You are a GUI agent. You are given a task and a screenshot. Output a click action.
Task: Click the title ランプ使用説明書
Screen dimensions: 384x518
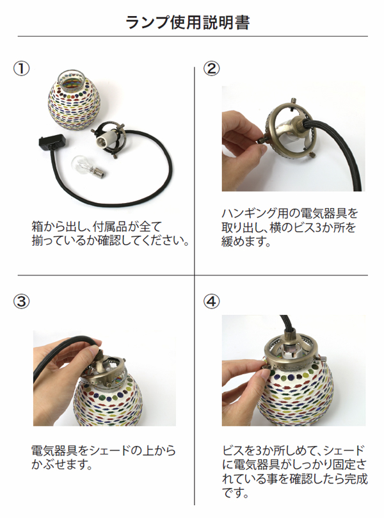tap(188, 22)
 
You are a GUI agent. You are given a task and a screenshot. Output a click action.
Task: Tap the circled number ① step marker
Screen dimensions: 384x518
tap(21, 69)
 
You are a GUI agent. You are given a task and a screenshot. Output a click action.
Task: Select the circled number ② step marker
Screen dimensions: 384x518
tap(211, 69)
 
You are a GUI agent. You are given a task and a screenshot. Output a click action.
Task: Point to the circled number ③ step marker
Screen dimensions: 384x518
tap(21, 302)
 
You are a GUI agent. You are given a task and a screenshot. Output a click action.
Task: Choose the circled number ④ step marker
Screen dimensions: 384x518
tap(211, 302)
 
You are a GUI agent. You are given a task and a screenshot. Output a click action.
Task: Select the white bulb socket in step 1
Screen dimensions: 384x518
tap(104, 142)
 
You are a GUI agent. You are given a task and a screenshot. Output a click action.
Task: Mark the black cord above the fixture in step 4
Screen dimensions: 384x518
tap(287, 325)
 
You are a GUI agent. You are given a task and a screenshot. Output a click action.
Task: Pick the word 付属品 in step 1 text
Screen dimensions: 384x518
tap(113, 227)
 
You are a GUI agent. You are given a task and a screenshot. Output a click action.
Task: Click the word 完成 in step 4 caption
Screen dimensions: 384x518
tap(354, 479)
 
